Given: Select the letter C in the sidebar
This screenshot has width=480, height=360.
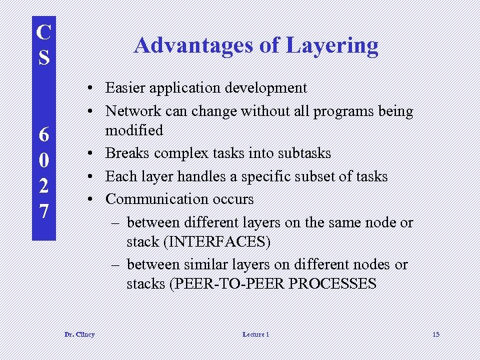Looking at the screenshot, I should point(43,32).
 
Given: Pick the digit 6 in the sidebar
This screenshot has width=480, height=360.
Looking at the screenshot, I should point(43,135).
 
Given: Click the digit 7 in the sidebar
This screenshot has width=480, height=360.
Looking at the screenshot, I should point(43,213).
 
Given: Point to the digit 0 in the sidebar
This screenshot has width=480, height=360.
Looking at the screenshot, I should point(43,161).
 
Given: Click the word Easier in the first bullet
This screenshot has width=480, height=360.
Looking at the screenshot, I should point(127,88).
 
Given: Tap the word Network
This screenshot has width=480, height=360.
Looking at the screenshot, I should point(133,111).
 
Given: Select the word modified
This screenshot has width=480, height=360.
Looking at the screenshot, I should point(134,129).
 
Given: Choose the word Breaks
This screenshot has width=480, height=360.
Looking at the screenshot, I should point(128,153).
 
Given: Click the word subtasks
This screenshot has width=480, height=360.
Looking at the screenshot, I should point(303,153).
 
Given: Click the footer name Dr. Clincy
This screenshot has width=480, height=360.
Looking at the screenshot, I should point(79,334).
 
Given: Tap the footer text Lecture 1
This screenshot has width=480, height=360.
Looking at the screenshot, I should point(256,334).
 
